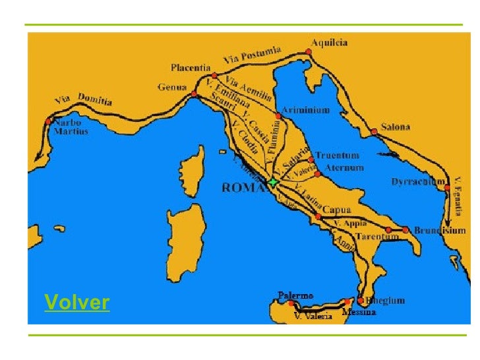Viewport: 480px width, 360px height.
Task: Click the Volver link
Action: [x=76, y=303]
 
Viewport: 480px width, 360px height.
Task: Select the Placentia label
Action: [x=191, y=67]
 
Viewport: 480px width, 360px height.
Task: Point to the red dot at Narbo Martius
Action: [x=49, y=121]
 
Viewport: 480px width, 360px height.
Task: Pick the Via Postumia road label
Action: [x=253, y=55]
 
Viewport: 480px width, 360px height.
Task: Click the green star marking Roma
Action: [x=272, y=181]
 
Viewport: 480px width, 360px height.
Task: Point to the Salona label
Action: [x=395, y=127]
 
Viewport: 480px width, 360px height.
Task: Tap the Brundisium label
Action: [x=439, y=231]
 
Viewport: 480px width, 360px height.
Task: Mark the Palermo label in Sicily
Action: [x=295, y=296]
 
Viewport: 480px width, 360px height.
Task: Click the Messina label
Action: [x=359, y=312]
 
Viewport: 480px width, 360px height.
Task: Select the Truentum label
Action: [x=336, y=156]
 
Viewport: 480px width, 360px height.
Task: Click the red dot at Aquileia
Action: [x=309, y=51]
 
